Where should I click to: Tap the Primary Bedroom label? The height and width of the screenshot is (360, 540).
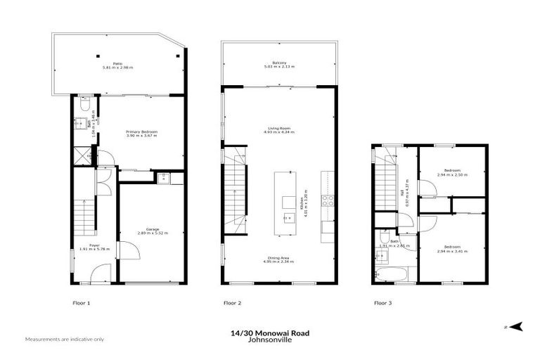coord(141,134)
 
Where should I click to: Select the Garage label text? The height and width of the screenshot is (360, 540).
coord(153,231)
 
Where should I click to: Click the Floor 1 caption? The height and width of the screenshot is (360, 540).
coord(82,303)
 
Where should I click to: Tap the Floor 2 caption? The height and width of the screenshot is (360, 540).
coord(232,303)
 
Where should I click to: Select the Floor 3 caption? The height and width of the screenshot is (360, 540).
coord(382,303)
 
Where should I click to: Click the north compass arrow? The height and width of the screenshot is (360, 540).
coord(517,327)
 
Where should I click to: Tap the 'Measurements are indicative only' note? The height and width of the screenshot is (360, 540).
coord(64,340)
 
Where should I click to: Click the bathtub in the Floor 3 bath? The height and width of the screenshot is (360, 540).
coord(391,274)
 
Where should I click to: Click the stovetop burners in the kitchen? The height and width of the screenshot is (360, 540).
coord(328,199)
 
